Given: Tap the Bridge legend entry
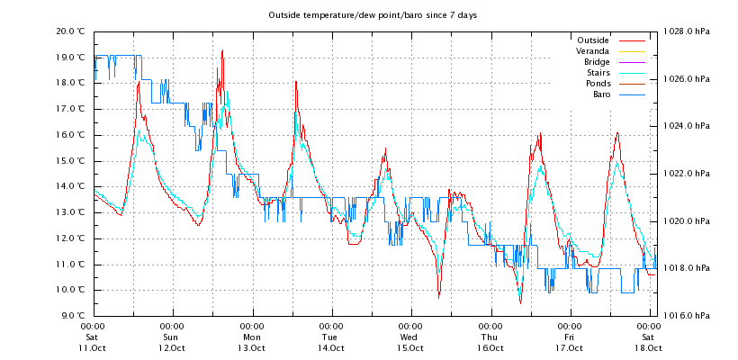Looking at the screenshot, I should (x=597, y=62).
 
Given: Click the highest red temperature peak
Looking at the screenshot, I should (x=221, y=51).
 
